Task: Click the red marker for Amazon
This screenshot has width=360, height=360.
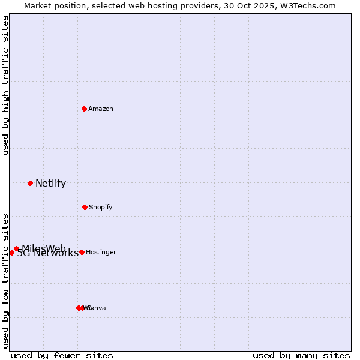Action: coord(85,109)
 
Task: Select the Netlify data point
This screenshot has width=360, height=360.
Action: coord(30,183)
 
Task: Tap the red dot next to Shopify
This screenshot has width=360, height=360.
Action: coord(85,207)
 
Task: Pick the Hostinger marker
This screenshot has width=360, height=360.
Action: coord(82,252)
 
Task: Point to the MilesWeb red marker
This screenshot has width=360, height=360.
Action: coord(16,248)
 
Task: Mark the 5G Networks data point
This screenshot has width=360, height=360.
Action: coord(11,253)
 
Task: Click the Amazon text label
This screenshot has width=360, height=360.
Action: coord(101,109)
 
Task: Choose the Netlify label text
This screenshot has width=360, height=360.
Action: coord(50,184)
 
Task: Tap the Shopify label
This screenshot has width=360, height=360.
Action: coord(101,207)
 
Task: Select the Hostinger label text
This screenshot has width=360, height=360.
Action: coord(101,252)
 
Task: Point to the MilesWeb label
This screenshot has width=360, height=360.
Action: coord(44,248)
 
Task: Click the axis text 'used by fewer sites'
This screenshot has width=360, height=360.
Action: coord(62,355)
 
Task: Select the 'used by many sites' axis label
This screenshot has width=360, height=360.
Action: coord(301,355)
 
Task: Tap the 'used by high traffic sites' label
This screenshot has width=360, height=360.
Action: coord(5,85)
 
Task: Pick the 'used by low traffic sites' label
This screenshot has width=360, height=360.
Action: coord(5,280)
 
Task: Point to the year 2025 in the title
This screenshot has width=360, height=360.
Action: coord(266,5)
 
